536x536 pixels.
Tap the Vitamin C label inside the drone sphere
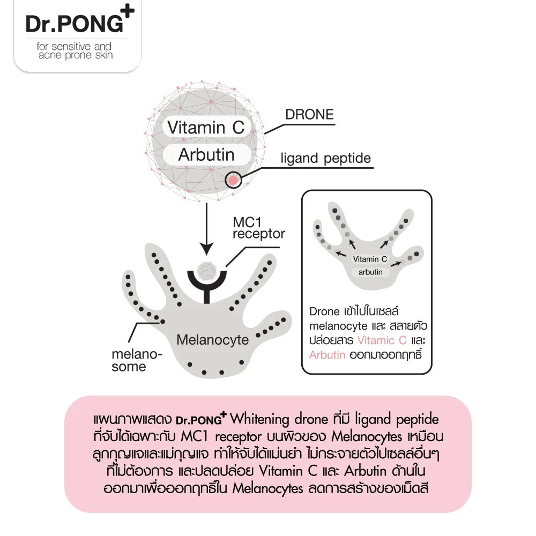click(206, 128)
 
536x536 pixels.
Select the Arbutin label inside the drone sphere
click(206, 154)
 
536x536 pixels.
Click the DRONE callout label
click(309, 115)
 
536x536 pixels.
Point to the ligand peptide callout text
click(326, 158)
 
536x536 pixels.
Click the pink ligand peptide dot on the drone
click(233, 180)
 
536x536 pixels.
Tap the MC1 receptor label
click(258, 228)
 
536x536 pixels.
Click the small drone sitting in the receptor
click(207, 271)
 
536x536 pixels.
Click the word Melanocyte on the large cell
click(213, 340)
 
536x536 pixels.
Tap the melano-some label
click(137, 360)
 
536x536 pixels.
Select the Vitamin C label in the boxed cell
click(370, 259)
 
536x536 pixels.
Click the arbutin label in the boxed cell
click(370, 272)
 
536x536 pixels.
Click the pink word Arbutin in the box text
click(327, 355)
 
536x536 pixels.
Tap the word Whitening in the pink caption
click(259, 419)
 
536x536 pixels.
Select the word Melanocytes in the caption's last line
click(267, 488)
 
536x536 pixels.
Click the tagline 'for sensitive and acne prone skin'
click(75, 50)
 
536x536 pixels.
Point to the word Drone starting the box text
click(324, 311)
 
